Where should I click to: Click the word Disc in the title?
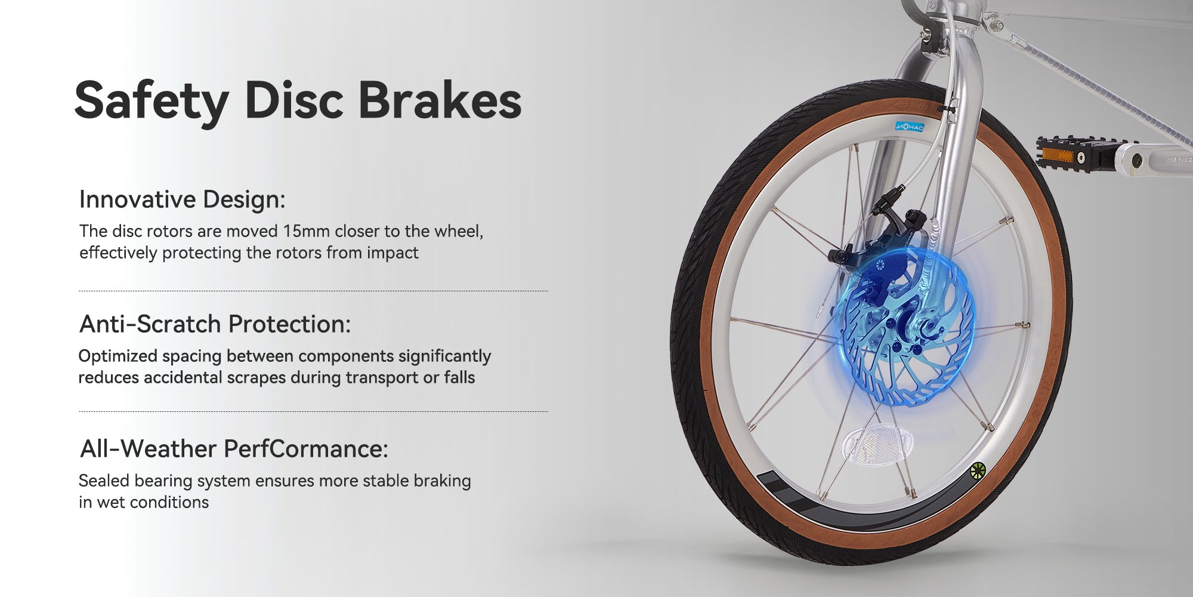294,100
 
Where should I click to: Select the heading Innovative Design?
182,199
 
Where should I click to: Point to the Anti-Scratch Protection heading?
215,324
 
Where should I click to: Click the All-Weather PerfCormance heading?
234,448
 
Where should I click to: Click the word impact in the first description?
392,253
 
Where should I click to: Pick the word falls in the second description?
459,377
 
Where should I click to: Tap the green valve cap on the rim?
977,471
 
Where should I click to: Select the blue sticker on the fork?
910,127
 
